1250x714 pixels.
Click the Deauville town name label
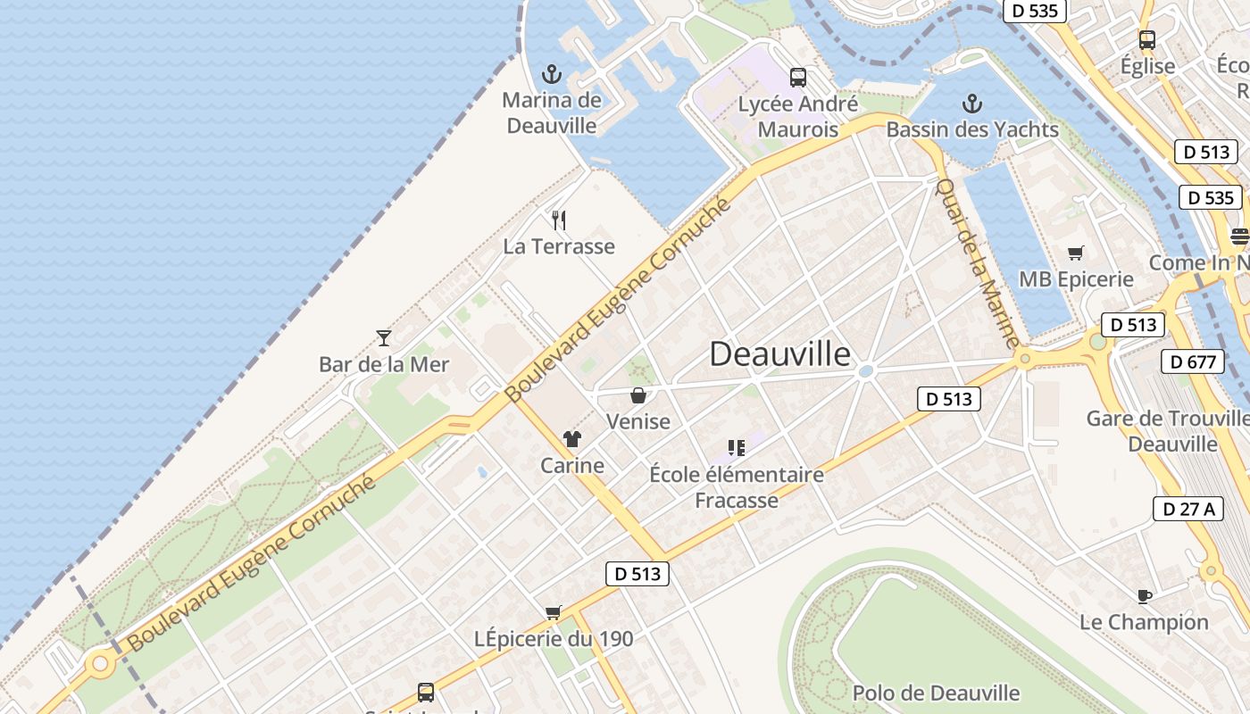click(x=779, y=354)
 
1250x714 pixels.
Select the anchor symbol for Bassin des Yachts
click(x=971, y=104)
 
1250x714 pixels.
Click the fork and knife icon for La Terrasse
click(x=559, y=220)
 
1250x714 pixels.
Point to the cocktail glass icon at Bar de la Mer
click(x=384, y=337)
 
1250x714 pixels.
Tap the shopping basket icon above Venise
click(x=638, y=394)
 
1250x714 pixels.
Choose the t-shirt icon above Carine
click(x=572, y=439)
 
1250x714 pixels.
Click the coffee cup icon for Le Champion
click(x=1144, y=595)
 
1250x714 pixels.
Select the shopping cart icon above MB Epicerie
click(x=1076, y=253)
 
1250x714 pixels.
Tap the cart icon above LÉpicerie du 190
click(x=554, y=612)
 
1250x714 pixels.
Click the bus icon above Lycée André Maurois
click(x=797, y=78)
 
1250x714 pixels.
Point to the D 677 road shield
click(x=1192, y=361)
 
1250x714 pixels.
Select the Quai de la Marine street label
click(x=978, y=262)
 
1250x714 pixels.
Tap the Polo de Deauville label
click(x=936, y=693)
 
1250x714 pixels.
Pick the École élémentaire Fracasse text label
click(x=737, y=487)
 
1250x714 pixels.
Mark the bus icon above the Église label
click(x=1147, y=40)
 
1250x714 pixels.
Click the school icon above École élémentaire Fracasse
click(x=736, y=447)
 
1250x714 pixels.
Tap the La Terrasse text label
click(x=559, y=246)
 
